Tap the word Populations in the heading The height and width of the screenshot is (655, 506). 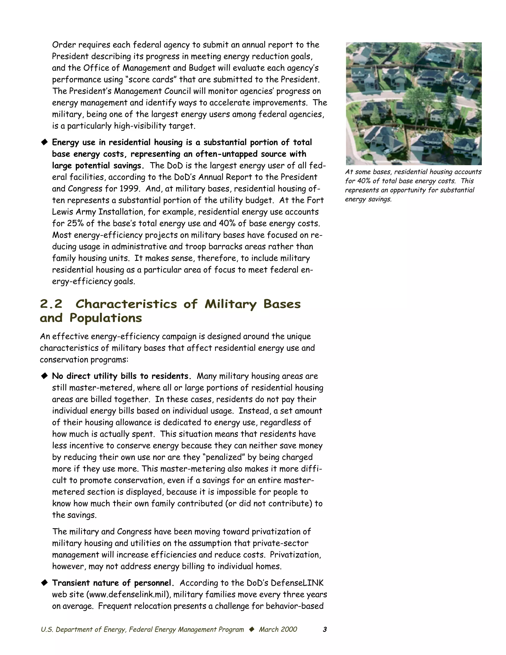tap(105, 318)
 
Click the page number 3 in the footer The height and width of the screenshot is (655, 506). tap(325, 630)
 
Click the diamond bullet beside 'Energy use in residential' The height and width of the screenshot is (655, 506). tap(44, 142)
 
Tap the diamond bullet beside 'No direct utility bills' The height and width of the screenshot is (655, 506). tap(44, 376)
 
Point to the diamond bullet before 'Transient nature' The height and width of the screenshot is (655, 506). tap(44, 583)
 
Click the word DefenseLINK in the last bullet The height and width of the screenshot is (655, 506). tap(297, 583)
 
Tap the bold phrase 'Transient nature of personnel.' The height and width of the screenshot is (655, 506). tap(113, 583)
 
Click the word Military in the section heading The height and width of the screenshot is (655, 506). tap(231, 304)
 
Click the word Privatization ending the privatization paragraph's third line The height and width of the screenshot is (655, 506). tap(295, 555)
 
